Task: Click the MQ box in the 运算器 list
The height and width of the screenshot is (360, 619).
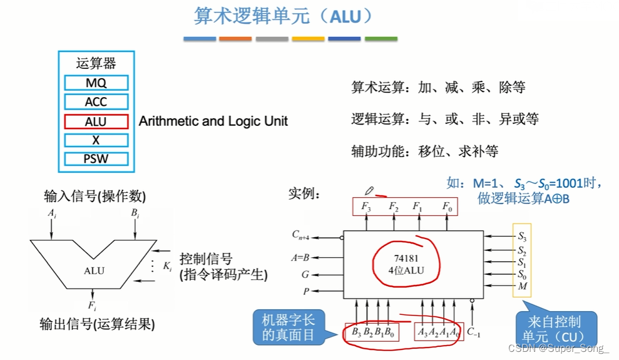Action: [x=96, y=83]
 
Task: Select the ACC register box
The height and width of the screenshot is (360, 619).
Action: [x=96, y=102]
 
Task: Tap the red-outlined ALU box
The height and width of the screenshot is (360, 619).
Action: [x=96, y=121]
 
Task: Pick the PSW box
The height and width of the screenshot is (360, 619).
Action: [x=96, y=159]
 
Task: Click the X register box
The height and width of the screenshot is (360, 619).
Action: [x=96, y=140]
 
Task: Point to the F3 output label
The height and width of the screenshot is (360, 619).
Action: [x=366, y=206]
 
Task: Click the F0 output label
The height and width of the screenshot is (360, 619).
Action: [x=446, y=206]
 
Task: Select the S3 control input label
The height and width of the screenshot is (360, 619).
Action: [x=521, y=237]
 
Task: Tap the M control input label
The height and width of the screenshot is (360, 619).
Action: [x=521, y=286]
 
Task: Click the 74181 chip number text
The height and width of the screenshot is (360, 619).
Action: [x=406, y=257]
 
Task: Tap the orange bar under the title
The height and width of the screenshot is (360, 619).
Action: [x=235, y=39]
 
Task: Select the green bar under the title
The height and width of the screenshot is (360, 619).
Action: [x=381, y=39]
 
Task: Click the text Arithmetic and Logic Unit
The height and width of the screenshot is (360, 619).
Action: [x=213, y=121]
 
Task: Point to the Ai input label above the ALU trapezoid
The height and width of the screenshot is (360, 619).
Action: [x=52, y=213]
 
